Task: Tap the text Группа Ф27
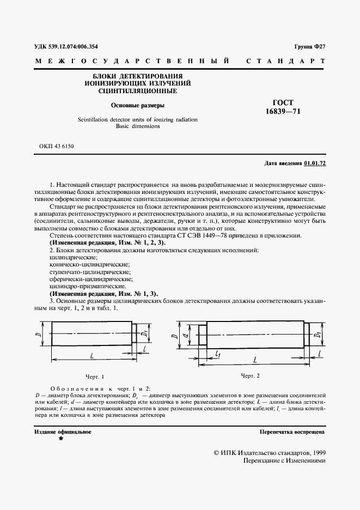point(309,47)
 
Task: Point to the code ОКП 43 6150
point(57,147)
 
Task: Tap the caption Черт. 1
point(95,377)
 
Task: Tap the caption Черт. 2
point(250,375)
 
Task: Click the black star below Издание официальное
point(60,438)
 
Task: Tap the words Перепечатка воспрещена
point(293,432)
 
